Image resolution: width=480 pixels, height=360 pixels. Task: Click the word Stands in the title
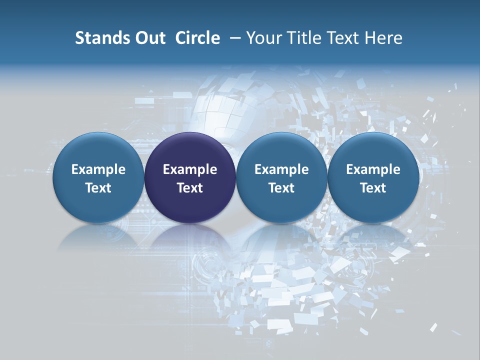point(98,38)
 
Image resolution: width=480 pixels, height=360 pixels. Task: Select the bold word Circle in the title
point(197,38)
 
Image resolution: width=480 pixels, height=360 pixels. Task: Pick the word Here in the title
point(384,38)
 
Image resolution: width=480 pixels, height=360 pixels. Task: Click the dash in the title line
point(235,38)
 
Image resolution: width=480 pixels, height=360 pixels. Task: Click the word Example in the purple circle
point(190,169)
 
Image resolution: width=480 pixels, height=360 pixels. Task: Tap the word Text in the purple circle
point(190,188)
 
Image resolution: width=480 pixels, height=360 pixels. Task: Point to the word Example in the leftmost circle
point(98,169)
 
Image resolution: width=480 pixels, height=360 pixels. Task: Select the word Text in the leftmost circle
point(98,188)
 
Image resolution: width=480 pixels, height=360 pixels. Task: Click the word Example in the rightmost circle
point(373,169)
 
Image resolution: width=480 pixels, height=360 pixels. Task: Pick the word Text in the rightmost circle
point(373,188)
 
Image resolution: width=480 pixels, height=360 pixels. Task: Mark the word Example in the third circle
point(281,169)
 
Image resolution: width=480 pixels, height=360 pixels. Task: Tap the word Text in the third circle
point(281,188)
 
